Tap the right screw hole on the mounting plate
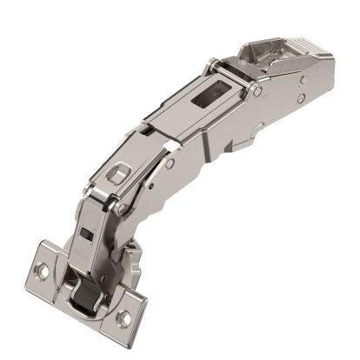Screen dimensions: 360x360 [124, 318]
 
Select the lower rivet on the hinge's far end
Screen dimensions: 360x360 [300, 98]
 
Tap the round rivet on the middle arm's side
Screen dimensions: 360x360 [170, 163]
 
